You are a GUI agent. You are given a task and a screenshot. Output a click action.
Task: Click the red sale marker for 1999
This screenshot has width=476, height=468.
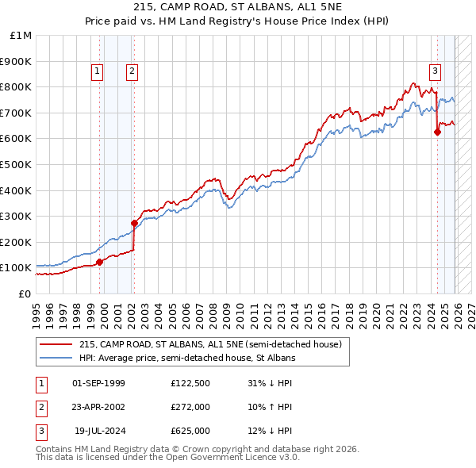tap(99, 262)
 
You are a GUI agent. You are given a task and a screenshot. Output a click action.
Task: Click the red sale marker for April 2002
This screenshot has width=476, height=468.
tap(134, 223)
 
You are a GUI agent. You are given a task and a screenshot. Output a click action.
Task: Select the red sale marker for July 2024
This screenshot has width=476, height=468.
tap(437, 132)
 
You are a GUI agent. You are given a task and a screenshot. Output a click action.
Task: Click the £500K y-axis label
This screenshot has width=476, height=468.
tap(17, 164)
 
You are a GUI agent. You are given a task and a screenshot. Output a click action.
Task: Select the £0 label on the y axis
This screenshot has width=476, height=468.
tap(25, 293)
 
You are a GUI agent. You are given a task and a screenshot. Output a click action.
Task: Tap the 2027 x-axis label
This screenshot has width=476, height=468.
tap(470, 308)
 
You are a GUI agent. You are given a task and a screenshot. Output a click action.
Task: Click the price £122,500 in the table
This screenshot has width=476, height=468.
tap(190, 383)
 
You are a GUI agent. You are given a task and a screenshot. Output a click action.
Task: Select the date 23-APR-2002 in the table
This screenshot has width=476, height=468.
tap(98, 407)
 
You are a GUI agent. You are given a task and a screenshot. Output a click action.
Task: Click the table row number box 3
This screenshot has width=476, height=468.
tap(41, 431)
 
